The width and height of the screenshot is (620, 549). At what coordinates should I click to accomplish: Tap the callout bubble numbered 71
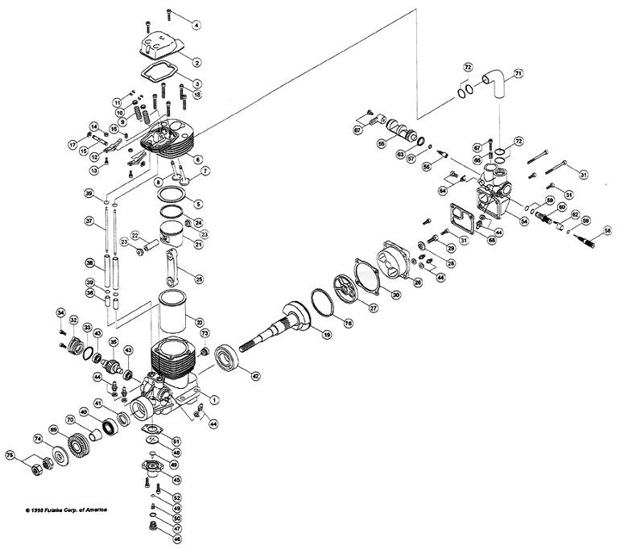point(519,73)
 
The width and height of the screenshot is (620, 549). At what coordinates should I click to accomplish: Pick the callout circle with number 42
point(254,375)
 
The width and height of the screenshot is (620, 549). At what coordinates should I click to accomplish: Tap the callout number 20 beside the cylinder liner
point(198,323)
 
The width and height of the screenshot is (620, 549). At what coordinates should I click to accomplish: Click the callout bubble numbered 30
point(395,295)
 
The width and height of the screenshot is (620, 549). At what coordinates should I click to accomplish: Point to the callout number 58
point(597,229)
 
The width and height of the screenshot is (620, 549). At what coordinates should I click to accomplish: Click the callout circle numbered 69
point(54,431)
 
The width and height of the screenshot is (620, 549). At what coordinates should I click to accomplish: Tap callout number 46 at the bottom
point(177,539)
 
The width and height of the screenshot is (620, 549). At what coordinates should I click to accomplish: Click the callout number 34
point(60,312)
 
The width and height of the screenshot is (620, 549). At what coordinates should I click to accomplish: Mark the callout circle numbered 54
point(523,221)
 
